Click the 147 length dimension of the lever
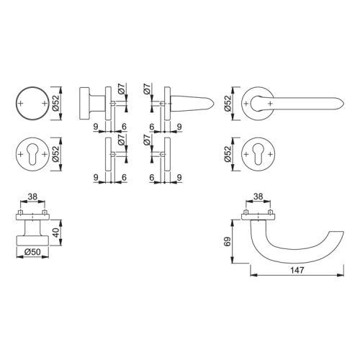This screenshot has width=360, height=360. pyautogui.click(x=297, y=270)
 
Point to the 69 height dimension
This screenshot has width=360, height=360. pyautogui.click(x=228, y=241)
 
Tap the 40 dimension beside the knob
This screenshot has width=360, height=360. pyautogui.click(x=55, y=233)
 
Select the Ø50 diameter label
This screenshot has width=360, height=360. pyautogui.click(x=32, y=252)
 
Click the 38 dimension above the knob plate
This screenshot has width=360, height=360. pyautogui.click(x=32, y=197)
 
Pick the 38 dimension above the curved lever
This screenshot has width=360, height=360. pyautogui.click(x=258, y=197)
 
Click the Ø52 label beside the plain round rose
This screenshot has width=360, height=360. pyautogui.click(x=55, y=103)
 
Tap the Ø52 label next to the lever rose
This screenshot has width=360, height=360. pyautogui.click(x=228, y=103)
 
